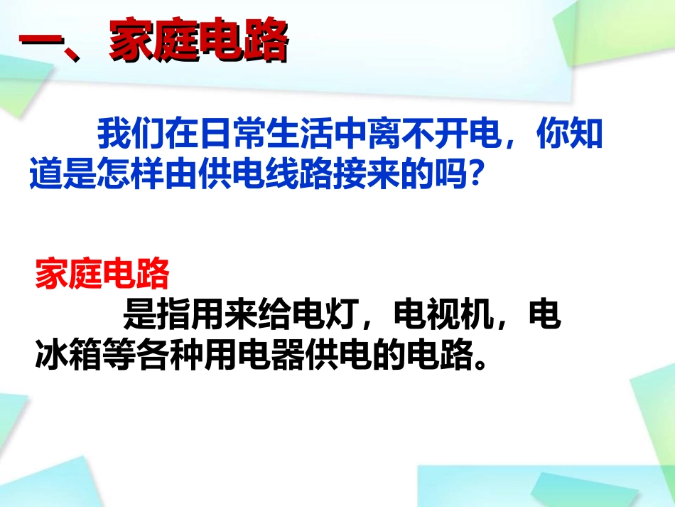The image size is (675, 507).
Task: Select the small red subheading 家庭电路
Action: point(102,272)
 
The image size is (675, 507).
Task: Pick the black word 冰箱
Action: point(69,355)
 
